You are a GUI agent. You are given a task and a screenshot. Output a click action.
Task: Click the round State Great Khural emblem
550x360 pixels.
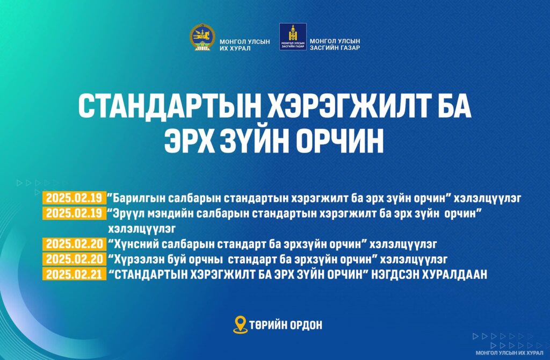pos(202,37)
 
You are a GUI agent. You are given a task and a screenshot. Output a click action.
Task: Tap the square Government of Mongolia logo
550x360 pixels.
pos(293,37)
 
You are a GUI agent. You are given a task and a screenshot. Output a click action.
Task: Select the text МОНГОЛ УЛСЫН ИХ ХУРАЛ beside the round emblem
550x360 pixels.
pos(245,45)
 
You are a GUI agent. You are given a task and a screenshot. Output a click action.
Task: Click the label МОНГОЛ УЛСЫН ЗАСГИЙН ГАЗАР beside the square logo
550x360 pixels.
pos(335,44)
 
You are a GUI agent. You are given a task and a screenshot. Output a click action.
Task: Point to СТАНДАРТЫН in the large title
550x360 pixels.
pos(169,106)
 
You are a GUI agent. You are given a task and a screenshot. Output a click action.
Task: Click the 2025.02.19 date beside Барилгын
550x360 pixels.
pos(74,198)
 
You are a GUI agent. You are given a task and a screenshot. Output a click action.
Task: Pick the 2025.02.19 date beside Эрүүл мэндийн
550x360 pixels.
pos(74,213)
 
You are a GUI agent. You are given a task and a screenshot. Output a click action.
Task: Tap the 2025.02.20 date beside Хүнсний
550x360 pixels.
pos(74,243)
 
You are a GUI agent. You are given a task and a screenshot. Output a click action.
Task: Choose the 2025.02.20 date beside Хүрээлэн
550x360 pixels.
pos(74,259)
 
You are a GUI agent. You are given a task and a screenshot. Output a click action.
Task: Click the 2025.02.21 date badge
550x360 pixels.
pos(74,274)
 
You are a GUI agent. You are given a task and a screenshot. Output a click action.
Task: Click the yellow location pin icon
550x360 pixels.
pos(240,325)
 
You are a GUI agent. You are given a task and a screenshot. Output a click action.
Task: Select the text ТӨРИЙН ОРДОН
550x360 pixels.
pos(286,325)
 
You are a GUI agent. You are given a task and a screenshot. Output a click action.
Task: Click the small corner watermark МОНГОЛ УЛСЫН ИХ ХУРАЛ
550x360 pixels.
pos(509,352)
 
